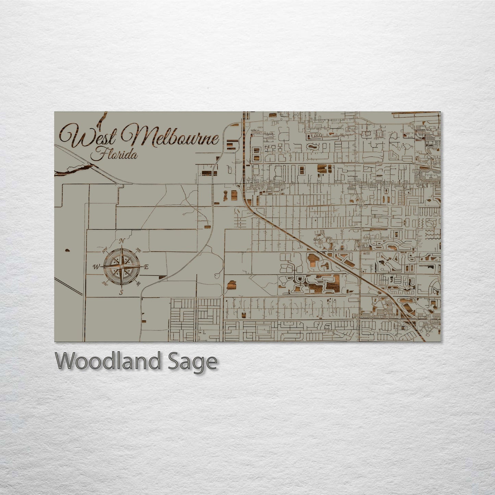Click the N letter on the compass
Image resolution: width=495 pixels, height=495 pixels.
coord(122,241)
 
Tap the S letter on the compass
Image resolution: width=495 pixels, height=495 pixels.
coord(121,292)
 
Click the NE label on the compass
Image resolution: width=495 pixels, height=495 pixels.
coord(138,250)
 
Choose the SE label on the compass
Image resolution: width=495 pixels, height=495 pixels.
coord(138,284)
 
